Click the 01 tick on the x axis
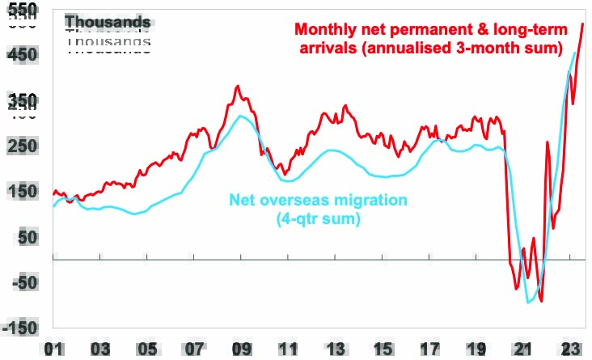tap(54, 349)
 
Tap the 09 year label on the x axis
tap(241, 349)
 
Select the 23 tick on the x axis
tap(570, 349)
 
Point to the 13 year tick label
tap(335, 349)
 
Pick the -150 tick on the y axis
tap(19, 327)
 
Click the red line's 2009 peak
tap(237, 86)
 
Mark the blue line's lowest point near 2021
tap(529, 303)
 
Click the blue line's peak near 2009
tap(240, 116)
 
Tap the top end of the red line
tap(583, 23)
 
